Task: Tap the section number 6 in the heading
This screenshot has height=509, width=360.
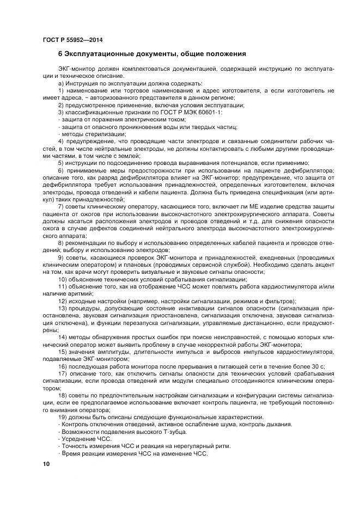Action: [60, 54]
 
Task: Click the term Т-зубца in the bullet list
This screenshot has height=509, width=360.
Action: [174, 432]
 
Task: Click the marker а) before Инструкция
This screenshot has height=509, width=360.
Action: [61, 83]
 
